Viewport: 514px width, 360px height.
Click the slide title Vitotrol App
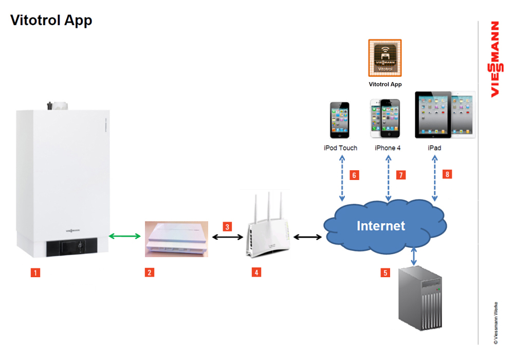(x=51, y=21)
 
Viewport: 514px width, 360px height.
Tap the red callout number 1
(x=35, y=273)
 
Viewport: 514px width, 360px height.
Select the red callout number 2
(x=149, y=273)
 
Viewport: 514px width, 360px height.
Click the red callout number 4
(x=256, y=273)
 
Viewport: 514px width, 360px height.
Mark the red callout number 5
(x=385, y=273)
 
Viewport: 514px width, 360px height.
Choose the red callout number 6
(x=354, y=175)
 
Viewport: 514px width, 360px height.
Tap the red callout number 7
(x=401, y=175)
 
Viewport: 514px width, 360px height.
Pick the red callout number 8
(x=448, y=174)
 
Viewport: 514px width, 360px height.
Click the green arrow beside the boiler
(x=125, y=236)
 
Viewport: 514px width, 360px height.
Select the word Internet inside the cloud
(x=381, y=226)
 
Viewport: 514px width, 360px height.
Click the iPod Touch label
(x=340, y=148)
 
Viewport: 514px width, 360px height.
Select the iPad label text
(x=434, y=148)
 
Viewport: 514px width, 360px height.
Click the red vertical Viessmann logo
(x=494, y=59)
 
